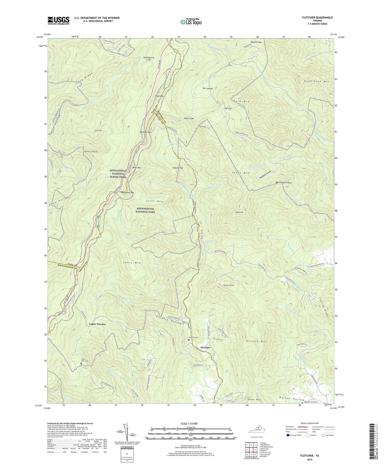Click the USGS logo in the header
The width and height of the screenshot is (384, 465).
click(x=58, y=20)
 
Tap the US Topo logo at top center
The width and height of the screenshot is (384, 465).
click(x=190, y=22)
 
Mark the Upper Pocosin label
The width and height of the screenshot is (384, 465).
click(x=97, y=324)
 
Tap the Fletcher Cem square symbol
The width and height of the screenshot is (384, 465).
click(x=189, y=340)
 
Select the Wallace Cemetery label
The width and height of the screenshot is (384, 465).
click(x=311, y=402)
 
